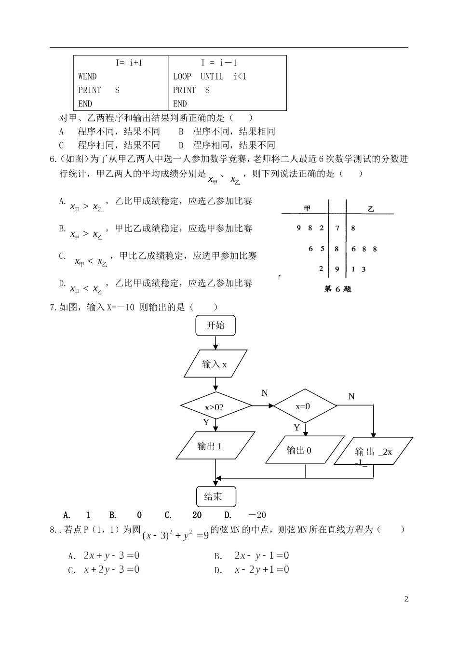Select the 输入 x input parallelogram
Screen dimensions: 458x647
215,364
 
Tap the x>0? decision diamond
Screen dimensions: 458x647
215,407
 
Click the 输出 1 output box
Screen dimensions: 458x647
215,446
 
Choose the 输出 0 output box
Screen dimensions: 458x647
305,450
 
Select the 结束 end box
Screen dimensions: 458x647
216,497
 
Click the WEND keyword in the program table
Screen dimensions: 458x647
87,76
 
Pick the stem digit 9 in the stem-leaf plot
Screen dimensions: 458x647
337,270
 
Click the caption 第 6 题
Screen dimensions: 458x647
337,289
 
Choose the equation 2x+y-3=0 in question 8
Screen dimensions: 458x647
111,555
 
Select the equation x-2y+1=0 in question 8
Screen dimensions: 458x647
262,569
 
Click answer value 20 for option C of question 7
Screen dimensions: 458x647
197,515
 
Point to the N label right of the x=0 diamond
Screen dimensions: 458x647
351,396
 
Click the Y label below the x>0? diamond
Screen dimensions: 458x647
206,422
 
